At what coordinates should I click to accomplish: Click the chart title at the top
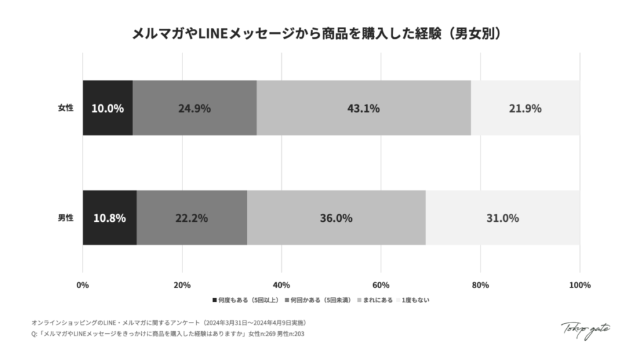(319, 33)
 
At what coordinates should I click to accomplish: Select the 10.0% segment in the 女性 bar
(107, 108)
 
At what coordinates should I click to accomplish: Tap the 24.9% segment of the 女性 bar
(194, 108)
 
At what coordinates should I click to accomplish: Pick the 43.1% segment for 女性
(363, 108)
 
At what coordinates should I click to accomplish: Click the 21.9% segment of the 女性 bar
(525, 108)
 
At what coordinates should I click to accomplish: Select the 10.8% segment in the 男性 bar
(109, 218)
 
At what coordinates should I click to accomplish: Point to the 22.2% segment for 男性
(191, 218)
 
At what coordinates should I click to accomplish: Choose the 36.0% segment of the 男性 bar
(336, 218)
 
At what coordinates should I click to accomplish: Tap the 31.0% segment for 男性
(502, 218)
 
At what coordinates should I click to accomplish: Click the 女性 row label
(65, 108)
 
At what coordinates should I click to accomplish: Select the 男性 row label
(65, 218)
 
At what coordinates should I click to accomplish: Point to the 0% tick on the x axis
(82, 286)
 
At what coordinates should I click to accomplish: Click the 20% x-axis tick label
(182, 286)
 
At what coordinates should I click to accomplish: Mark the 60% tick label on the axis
(381, 286)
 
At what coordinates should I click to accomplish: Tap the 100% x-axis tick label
(579, 286)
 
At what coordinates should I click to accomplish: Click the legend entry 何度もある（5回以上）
(247, 300)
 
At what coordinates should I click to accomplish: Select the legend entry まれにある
(375, 300)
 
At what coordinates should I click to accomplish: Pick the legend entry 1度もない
(414, 300)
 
